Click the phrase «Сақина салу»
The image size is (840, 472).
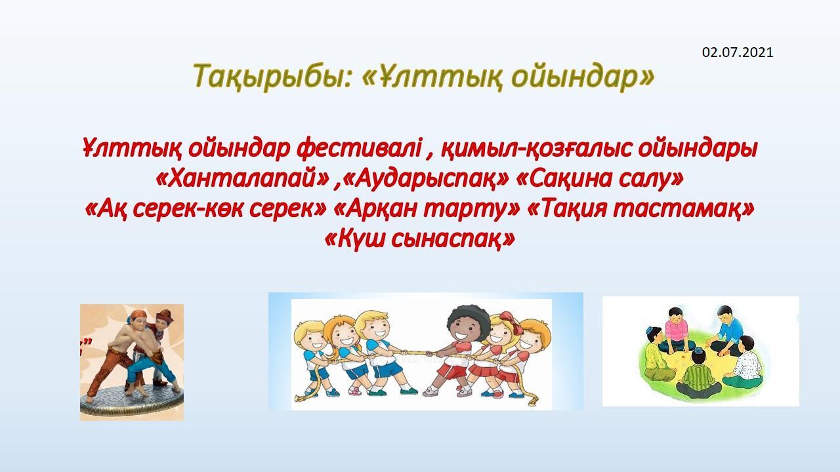pyautogui.click(x=600, y=179)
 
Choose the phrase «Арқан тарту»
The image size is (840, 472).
pyautogui.click(x=427, y=208)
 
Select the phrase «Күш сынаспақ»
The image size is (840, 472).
pyautogui.click(x=419, y=239)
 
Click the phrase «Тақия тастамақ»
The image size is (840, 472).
pyautogui.click(x=640, y=208)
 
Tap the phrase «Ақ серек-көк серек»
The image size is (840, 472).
pyautogui.click(x=206, y=208)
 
